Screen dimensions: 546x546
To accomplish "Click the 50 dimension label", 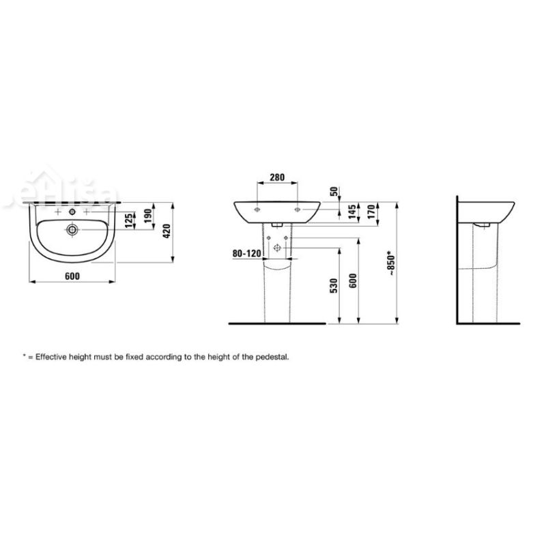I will click(332, 192).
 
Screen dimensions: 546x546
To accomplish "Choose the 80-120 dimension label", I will click(246, 253).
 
